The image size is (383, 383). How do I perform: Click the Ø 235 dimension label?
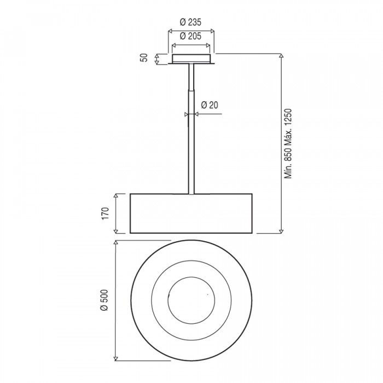click(190, 22)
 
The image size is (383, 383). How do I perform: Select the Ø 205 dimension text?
click(190, 36)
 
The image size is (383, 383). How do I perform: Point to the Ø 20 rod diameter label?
click(210, 105)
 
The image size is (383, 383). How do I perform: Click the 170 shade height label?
click(105, 213)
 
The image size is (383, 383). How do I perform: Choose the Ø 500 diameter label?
click(104, 300)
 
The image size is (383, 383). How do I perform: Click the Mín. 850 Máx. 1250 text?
click(288, 143)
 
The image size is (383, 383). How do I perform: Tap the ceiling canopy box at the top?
click(191, 59)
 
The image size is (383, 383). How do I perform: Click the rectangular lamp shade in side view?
click(191, 213)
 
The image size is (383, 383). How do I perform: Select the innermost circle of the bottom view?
click(191, 277)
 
